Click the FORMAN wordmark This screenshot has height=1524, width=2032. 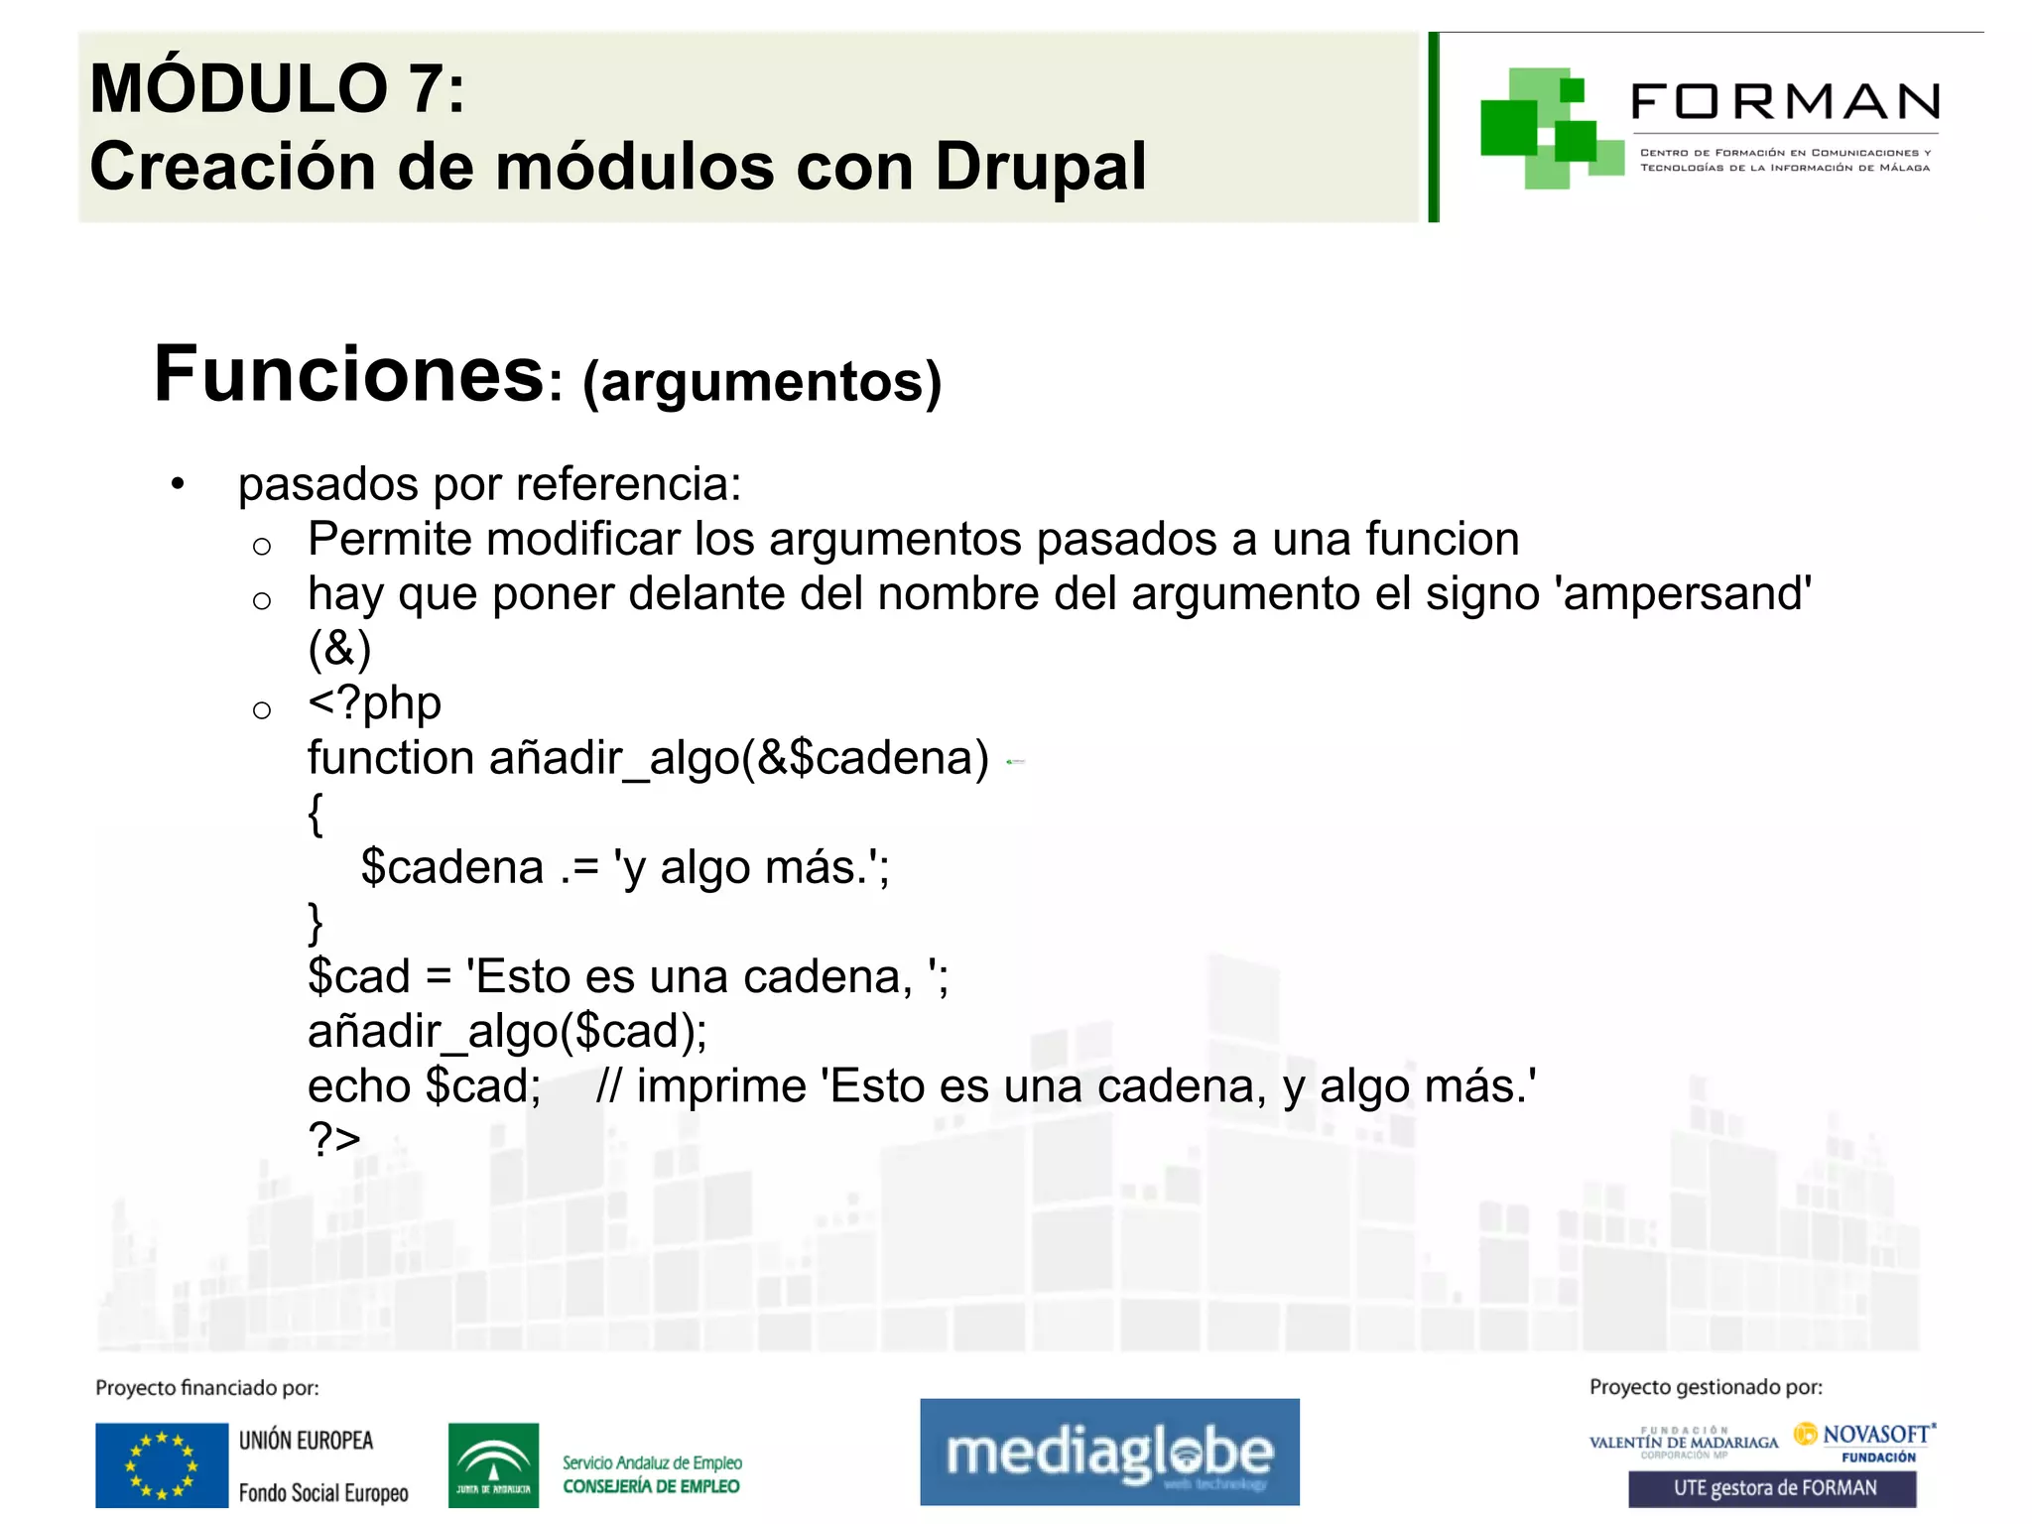tap(1784, 102)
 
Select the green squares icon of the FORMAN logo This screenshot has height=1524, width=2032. tap(1548, 129)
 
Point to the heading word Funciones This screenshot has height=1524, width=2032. tap(348, 375)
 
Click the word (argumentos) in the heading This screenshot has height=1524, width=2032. tap(761, 382)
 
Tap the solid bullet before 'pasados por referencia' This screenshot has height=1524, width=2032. tap(178, 485)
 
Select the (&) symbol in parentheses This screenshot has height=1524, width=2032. tap(339, 649)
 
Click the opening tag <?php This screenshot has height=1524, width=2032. tap(374, 703)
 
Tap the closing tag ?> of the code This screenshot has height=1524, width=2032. tap(333, 1139)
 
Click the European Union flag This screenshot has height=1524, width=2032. tap(162, 1464)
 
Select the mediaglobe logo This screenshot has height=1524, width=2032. tap(1109, 1452)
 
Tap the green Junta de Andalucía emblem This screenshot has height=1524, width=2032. tap(493, 1464)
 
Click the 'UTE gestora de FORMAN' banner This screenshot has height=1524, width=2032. tap(1773, 1488)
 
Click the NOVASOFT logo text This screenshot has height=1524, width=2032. tap(1874, 1435)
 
